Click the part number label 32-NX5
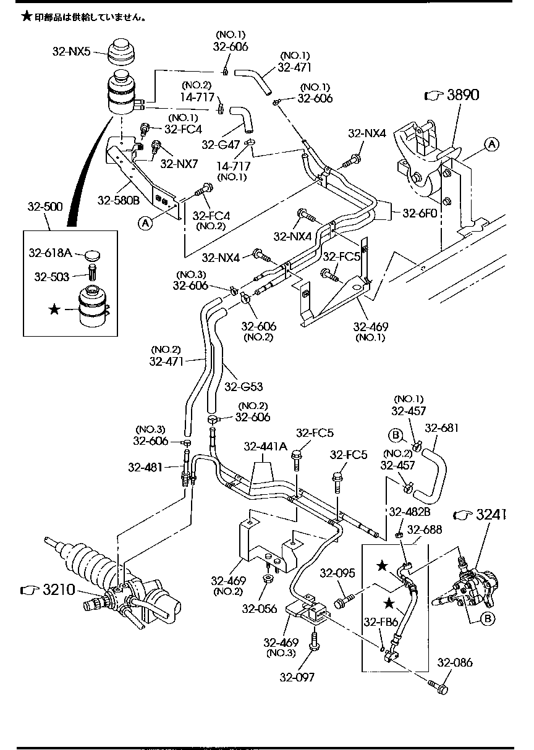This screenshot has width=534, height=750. coord(71,52)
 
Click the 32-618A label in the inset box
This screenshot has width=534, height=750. coord(50,252)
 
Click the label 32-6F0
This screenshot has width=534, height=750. coord(420,213)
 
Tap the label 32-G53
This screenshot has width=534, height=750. coord(244,387)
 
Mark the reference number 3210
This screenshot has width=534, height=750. coord(59,590)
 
